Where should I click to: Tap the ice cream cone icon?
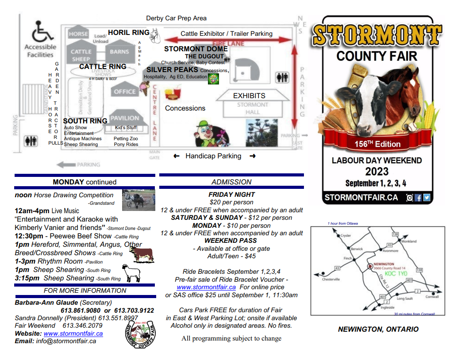pyautogui.click(x=144, y=89)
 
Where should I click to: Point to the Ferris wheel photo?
pyautogui.click(x=261, y=132)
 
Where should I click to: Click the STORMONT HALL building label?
pyautogui.click(x=252, y=108)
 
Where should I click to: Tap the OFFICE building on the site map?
pyautogui.click(x=125, y=92)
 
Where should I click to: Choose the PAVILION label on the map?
pyautogui.click(x=125, y=118)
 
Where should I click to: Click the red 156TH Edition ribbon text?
pyautogui.click(x=377, y=144)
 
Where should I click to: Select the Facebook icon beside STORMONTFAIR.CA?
pyautogui.click(x=418, y=198)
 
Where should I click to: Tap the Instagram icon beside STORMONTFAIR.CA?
pyautogui.click(x=410, y=198)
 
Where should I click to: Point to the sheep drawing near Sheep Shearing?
pyautogui.click(x=131, y=273)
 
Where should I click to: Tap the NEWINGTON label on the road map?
pyautogui.click(x=384, y=264)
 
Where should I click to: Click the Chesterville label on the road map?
pyautogui.click(x=330, y=280)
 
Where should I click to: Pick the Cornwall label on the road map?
pyautogui.click(x=432, y=297)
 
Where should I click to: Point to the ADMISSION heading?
pyautogui.click(x=231, y=182)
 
